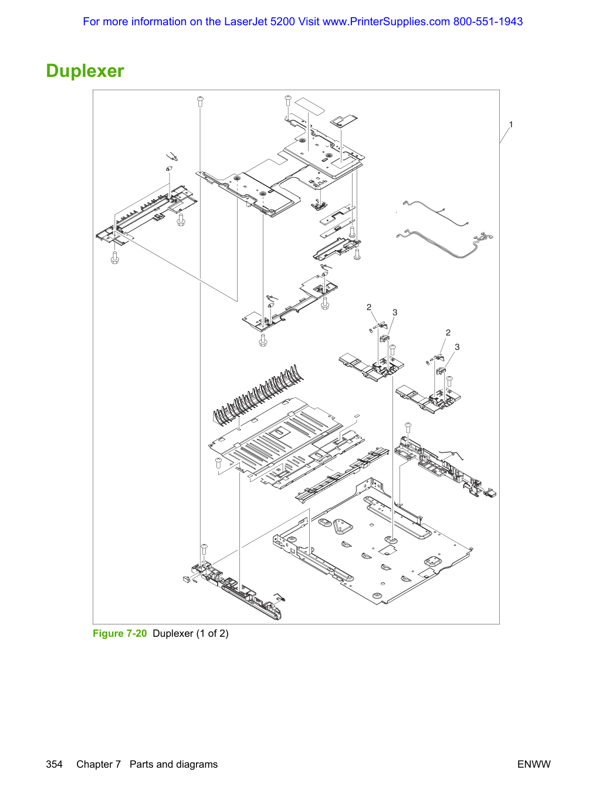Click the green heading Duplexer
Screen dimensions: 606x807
pos(85,70)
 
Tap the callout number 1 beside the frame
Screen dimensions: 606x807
pos(510,124)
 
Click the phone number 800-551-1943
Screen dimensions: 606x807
pos(487,22)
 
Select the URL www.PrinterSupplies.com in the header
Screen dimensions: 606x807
pos(386,22)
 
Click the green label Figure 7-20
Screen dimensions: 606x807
pos(120,633)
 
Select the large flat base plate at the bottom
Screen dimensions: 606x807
pos(373,544)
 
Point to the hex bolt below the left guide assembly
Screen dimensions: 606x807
pos(114,257)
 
